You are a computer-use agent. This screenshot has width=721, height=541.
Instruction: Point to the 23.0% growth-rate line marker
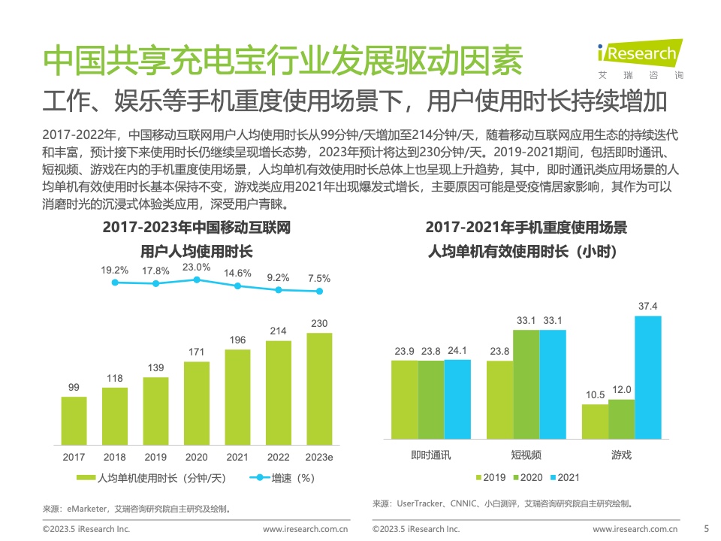click(x=197, y=280)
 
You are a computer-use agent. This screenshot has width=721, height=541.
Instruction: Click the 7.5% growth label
click(x=319, y=277)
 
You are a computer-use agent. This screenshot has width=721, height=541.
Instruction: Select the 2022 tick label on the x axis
click(x=279, y=457)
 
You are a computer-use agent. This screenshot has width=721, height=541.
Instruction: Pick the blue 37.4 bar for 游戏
click(x=647, y=376)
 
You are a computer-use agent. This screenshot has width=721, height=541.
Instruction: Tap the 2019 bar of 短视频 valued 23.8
click(x=499, y=399)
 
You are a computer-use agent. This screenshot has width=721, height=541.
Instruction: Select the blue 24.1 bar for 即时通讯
click(x=457, y=398)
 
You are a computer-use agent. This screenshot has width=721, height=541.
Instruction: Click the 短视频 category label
click(x=526, y=455)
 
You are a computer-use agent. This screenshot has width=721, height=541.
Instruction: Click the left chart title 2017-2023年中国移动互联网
click(x=196, y=228)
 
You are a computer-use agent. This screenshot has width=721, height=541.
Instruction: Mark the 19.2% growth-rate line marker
click(x=115, y=283)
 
